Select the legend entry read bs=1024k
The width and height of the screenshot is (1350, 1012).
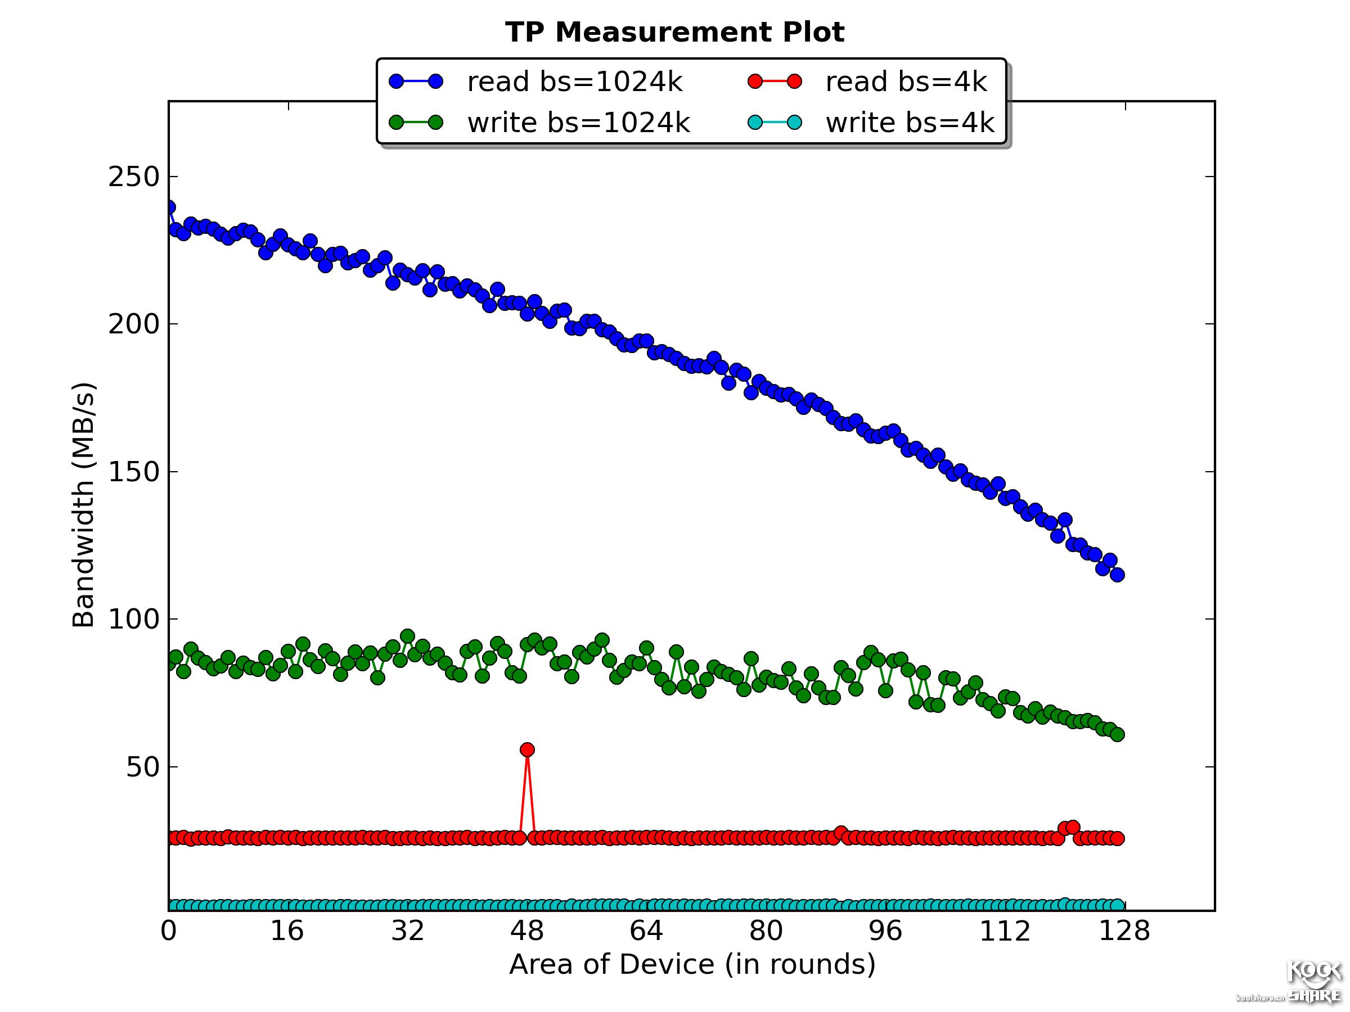(574, 82)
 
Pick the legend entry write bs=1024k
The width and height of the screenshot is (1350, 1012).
(578, 123)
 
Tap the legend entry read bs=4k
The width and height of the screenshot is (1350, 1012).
(906, 82)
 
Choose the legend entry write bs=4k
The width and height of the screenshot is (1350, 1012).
(910, 123)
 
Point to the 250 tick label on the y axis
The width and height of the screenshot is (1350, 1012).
(134, 178)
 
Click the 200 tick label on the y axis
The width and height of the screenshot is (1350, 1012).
(134, 324)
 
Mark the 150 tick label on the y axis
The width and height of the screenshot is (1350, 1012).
(134, 472)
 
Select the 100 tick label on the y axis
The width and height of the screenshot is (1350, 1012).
(134, 619)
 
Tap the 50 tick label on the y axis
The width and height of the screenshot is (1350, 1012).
(143, 767)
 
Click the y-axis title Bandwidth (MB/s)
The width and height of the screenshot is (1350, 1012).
(84, 505)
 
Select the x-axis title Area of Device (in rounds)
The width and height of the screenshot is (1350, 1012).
(692, 964)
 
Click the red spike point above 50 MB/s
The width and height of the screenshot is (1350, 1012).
(527, 749)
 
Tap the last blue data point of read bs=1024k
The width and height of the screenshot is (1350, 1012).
(1118, 575)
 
